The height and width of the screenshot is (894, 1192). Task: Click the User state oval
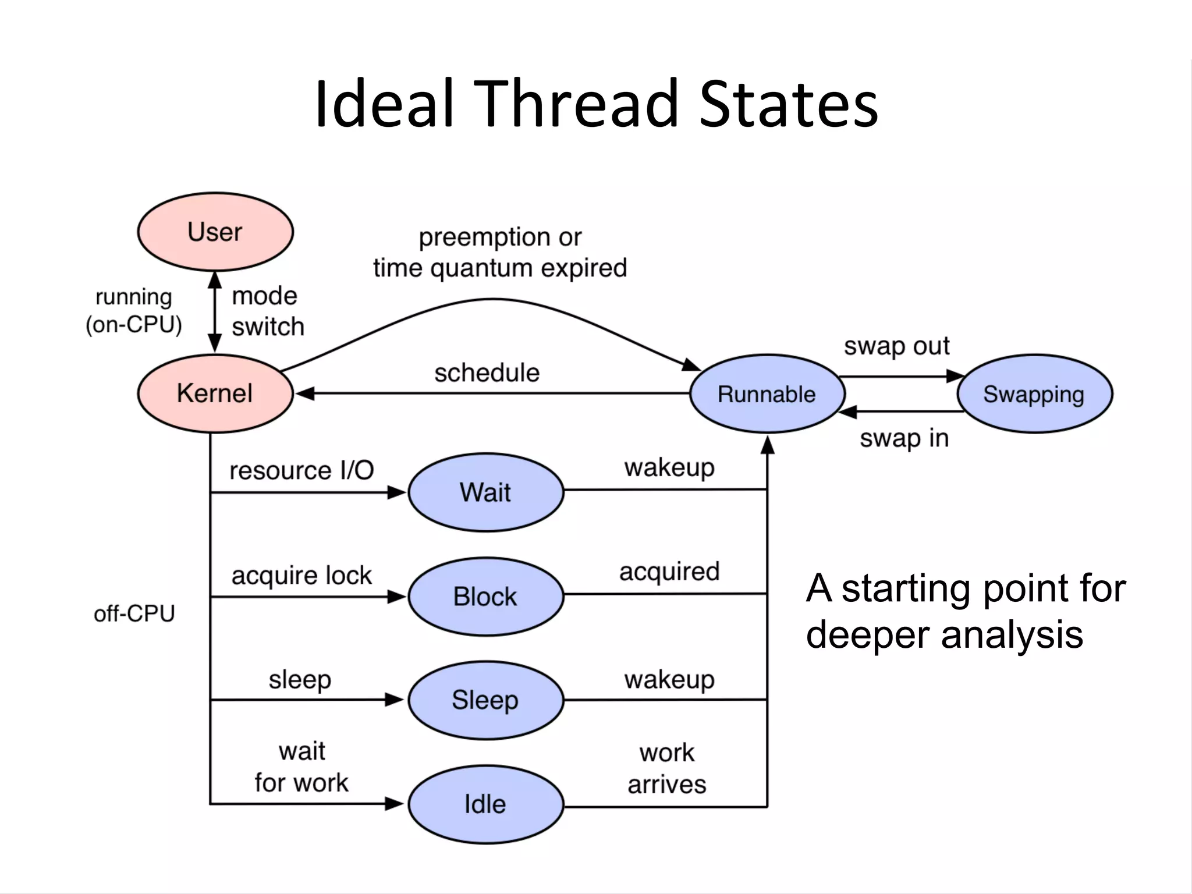tap(215, 232)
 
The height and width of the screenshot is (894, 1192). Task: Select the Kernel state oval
tap(215, 393)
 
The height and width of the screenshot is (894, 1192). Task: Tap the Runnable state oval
tap(767, 394)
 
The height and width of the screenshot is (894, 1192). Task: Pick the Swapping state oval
tap(1034, 394)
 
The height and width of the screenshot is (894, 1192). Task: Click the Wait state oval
tap(485, 492)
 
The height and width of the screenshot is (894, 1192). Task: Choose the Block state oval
tap(485, 597)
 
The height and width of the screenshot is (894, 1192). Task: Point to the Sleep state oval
tap(485, 700)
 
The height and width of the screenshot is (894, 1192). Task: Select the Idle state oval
tap(485, 804)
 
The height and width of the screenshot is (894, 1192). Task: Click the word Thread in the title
tap(577, 105)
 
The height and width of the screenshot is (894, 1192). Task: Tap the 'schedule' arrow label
tap(487, 372)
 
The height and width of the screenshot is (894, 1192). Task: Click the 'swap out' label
tap(896, 346)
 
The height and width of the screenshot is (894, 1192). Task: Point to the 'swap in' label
tap(904, 438)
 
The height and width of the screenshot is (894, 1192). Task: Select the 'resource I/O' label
tap(301, 470)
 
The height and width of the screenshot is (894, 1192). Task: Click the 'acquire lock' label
tap(301, 576)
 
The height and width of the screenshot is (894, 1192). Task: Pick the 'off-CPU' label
tap(134, 613)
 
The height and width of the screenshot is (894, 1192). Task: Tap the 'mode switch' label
tap(267, 311)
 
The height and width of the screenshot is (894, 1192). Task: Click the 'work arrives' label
tap(667, 769)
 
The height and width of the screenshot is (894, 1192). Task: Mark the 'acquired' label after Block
tap(669, 572)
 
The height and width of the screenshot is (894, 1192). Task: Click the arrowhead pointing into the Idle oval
tap(395, 804)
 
